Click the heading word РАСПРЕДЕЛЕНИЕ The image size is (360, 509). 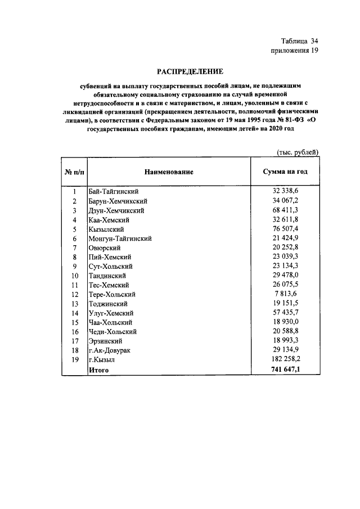(x=190, y=71)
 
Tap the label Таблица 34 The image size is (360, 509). (x=300, y=41)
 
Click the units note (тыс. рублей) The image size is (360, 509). (x=298, y=152)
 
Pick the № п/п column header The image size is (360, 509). (x=74, y=172)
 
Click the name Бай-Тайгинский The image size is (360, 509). (x=114, y=192)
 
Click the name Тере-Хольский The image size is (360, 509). (x=112, y=294)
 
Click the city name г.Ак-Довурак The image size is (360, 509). (x=111, y=350)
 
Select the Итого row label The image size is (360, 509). (x=98, y=370)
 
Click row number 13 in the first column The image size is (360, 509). (x=74, y=304)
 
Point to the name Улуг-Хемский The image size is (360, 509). (x=111, y=313)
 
